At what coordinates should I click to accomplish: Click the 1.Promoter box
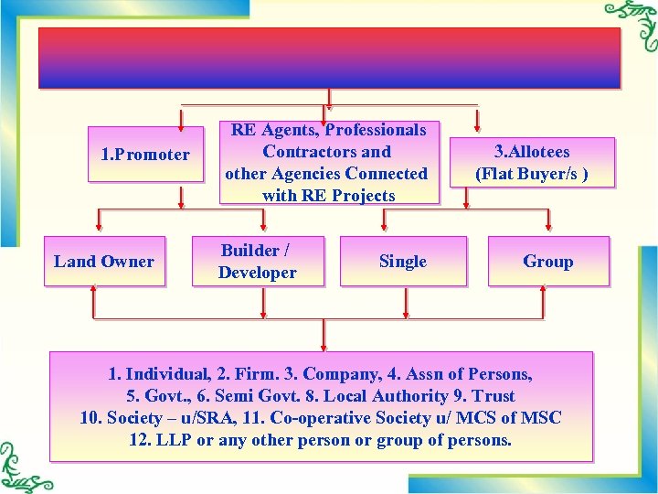tap(144, 155)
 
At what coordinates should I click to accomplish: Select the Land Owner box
tap(104, 262)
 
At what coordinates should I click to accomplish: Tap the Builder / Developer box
tap(258, 262)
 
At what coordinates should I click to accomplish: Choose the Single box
tap(403, 262)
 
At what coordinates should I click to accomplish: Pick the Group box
tap(547, 262)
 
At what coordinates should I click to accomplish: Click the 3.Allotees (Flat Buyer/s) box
tap(531, 163)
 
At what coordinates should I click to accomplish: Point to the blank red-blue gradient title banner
tap(329, 58)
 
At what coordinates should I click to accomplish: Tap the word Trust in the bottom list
tap(494, 396)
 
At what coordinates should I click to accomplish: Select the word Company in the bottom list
tap(337, 374)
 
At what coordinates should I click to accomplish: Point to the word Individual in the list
tap(168, 374)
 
